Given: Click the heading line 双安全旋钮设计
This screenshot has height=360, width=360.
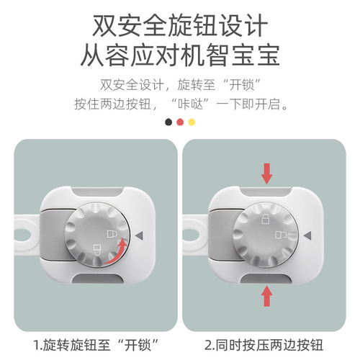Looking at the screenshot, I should tap(180, 26).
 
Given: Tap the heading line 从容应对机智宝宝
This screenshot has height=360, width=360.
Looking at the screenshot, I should tap(180, 56).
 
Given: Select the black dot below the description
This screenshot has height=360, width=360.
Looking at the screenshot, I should tap(168, 122).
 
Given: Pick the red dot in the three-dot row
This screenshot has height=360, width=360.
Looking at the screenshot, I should tap(180, 122).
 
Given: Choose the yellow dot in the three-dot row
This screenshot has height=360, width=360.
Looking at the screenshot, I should tap(192, 122).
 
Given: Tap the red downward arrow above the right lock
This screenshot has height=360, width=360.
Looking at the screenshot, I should tap(267, 172).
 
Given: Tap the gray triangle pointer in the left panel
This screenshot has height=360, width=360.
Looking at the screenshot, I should tap(140, 235).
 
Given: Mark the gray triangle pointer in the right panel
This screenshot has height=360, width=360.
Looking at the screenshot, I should tap(307, 235).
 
